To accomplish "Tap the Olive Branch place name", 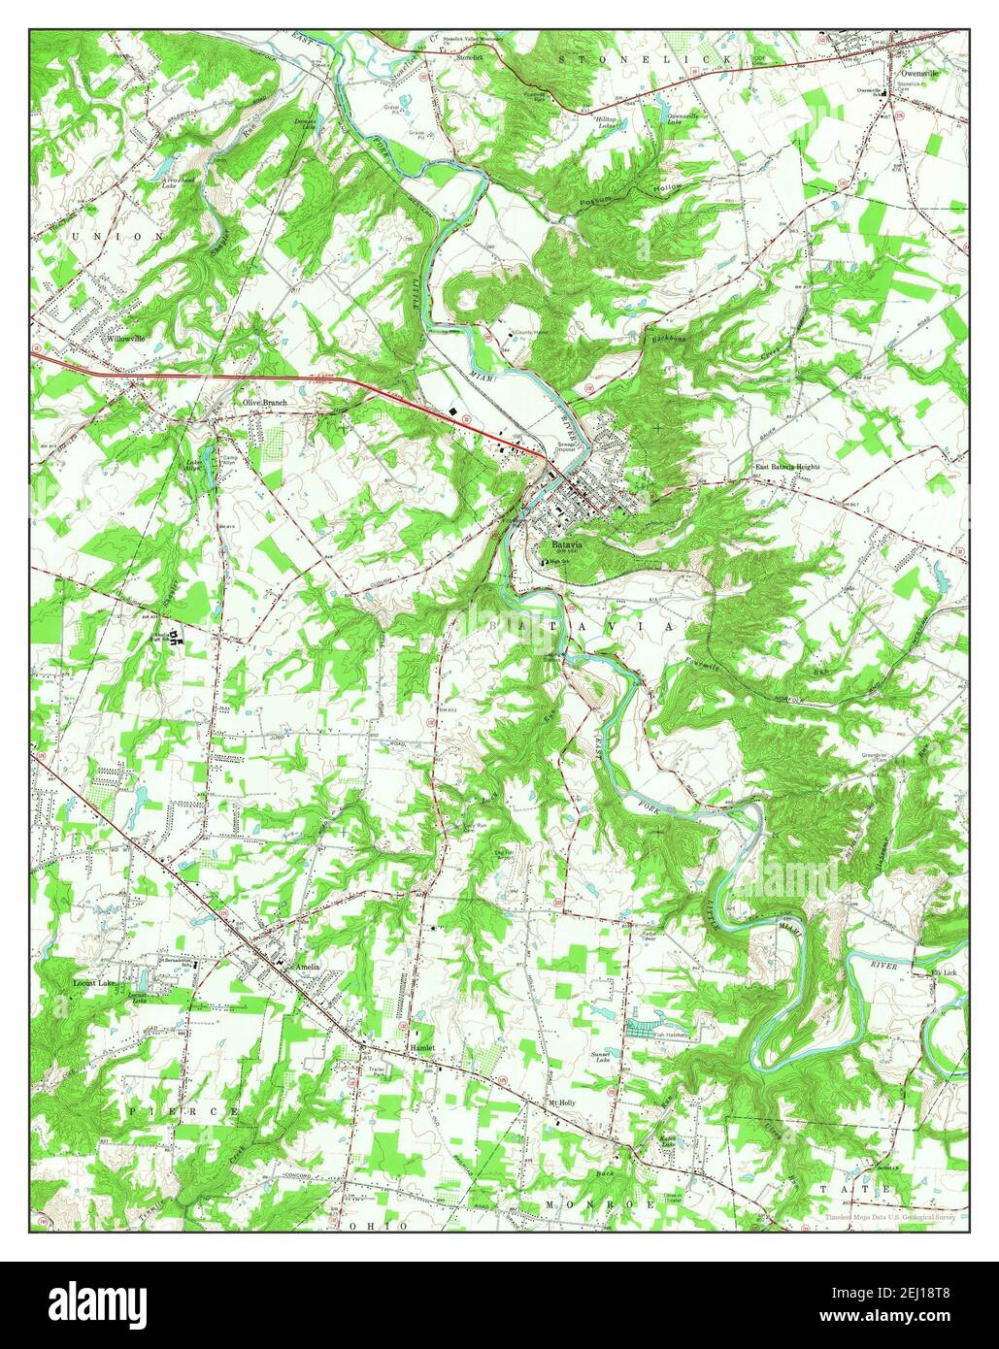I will (264, 402).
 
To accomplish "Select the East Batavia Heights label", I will (787, 467).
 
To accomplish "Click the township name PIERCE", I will (179, 1108).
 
